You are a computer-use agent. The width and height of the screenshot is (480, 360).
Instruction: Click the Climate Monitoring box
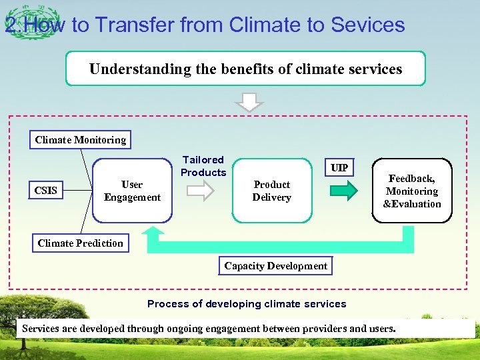coord(81,140)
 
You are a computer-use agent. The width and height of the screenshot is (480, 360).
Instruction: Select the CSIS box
coord(46,191)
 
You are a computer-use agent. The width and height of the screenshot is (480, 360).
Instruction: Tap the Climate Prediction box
coord(81,243)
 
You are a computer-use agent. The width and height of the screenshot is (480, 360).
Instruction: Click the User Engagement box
coord(132,191)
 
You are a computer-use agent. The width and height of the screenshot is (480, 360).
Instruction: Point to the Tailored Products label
coord(203,166)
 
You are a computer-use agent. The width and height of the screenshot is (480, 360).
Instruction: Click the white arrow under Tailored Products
coord(200,191)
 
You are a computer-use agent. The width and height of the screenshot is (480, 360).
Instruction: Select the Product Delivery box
coord(271,191)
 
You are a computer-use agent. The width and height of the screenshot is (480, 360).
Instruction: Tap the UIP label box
coord(339,167)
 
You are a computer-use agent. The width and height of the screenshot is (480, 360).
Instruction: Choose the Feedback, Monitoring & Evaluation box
coord(411,191)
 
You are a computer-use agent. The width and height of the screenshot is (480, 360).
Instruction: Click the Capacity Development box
coord(275,266)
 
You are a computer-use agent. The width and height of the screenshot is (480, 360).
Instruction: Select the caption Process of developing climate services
coord(247,304)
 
